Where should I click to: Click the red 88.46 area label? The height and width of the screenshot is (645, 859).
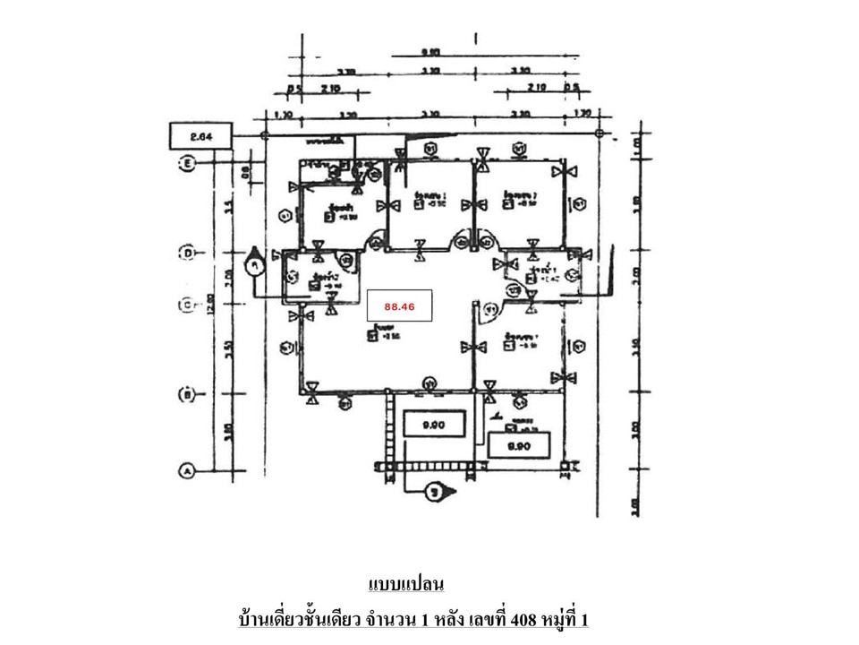399,305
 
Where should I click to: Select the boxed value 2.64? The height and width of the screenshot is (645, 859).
201,136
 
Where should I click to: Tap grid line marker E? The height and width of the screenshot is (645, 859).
188,163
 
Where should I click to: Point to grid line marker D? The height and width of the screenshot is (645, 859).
188,254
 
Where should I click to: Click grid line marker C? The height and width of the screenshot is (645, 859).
188,305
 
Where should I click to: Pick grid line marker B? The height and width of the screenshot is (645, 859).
188,393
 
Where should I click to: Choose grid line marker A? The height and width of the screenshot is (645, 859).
188,469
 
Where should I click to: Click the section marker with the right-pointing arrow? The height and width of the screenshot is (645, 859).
436,491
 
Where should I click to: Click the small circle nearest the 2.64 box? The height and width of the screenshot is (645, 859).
264,135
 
